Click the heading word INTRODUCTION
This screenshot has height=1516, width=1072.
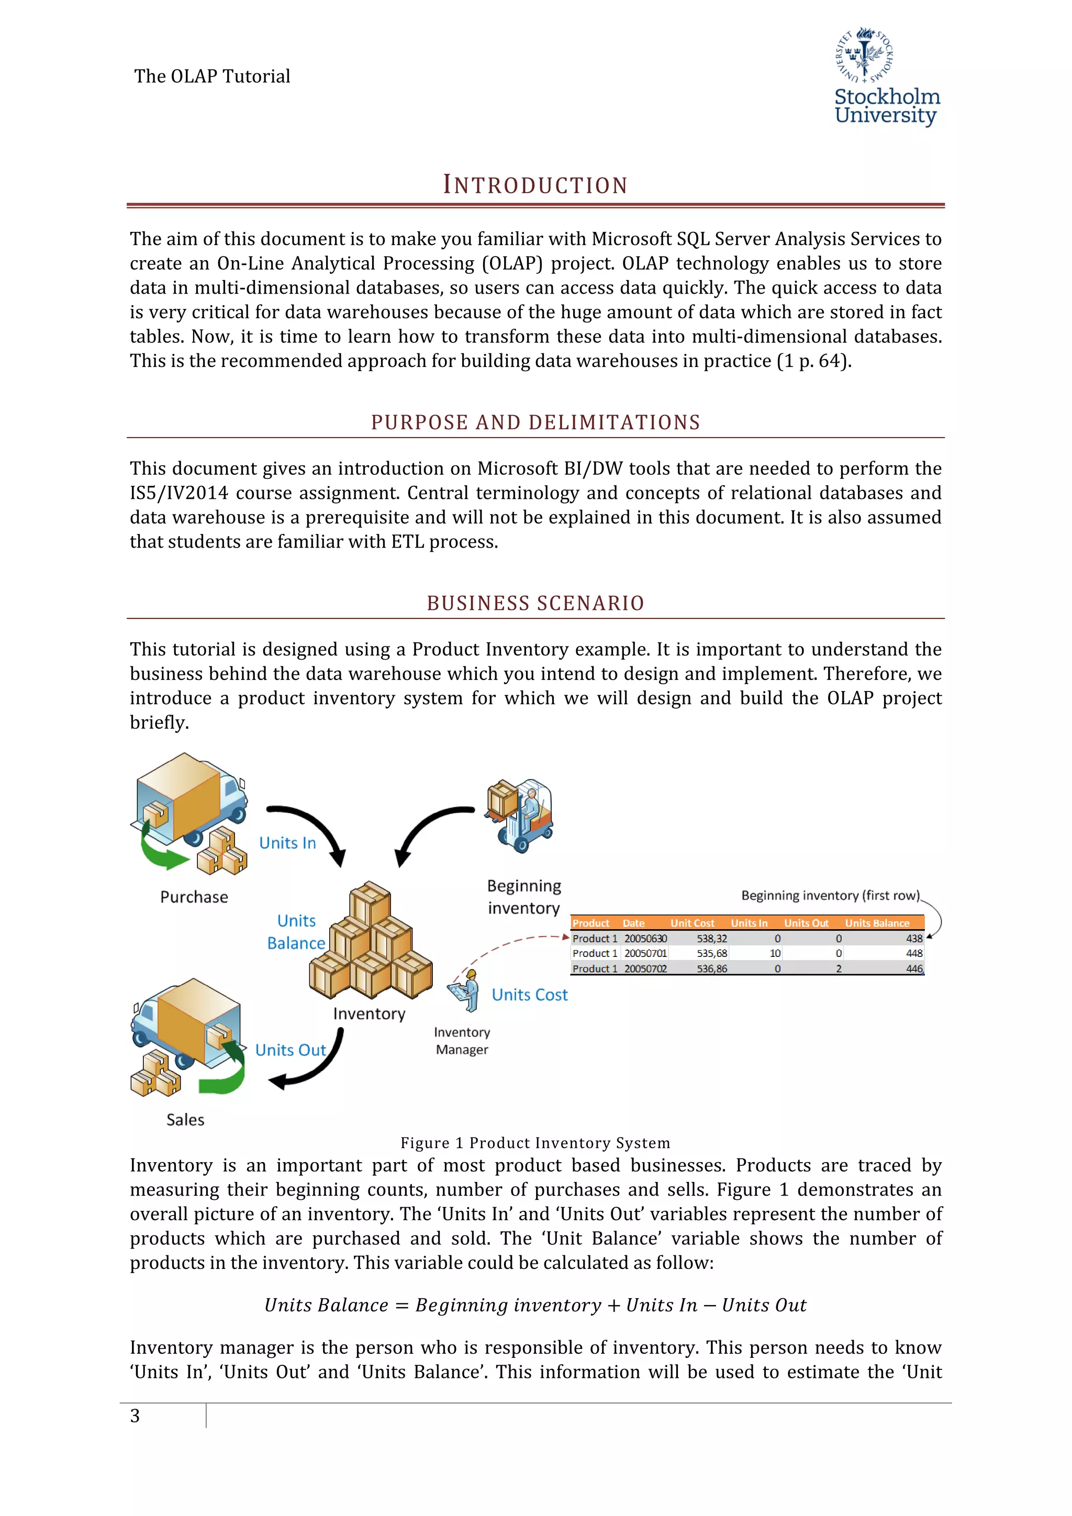click(x=535, y=185)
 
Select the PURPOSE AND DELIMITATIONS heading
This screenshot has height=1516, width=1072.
click(x=535, y=422)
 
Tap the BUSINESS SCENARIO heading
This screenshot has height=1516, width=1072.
click(x=535, y=603)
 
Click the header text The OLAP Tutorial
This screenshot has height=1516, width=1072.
click(x=212, y=76)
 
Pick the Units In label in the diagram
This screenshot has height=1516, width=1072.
click(x=287, y=843)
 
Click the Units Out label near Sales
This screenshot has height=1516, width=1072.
click(x=291, y=1050)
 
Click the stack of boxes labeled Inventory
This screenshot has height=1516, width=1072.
click(x=370, y=941)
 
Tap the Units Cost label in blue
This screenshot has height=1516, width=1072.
click(x=529, y=995)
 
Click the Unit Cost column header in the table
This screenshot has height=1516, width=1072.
click(x=692, y=923)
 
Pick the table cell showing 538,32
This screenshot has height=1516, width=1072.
click(x=711, y=938)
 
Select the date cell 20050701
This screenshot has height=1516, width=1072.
click(x=645, y=953)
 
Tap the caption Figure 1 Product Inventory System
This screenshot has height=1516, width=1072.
click(x=535, y=1143)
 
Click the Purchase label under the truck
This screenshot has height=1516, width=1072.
click(x=194, y=897)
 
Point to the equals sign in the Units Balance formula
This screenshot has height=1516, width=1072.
click(x=402, y=1306)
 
